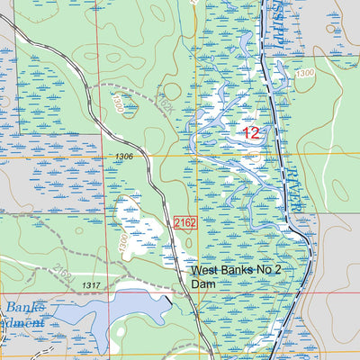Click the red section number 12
click(x=251, y=133)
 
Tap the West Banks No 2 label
click(x=236, y=271)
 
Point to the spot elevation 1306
click(x=124, y=157)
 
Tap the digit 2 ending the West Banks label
click(x=279, y=271)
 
